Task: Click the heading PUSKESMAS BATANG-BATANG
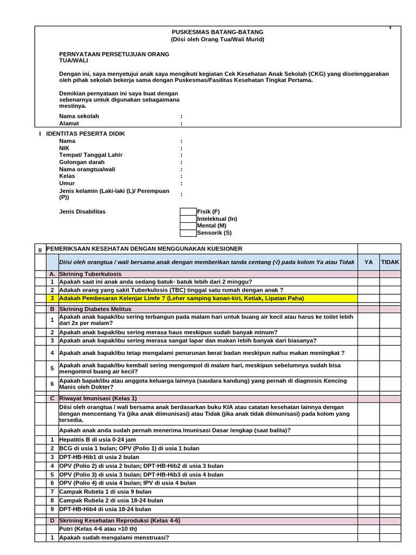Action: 218,33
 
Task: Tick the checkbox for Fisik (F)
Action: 188,211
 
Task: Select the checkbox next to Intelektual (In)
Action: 188,219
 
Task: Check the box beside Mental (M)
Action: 188,226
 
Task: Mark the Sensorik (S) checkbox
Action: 188,233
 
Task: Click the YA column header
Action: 368,262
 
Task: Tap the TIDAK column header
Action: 390,262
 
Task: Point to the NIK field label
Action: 64,148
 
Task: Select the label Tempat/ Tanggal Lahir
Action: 90,155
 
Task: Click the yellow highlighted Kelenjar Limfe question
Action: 181,298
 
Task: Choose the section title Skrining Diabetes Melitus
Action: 95,309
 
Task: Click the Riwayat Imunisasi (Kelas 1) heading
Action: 98,398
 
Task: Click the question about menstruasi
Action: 114,538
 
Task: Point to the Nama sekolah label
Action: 79,116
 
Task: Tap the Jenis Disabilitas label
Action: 82,211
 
